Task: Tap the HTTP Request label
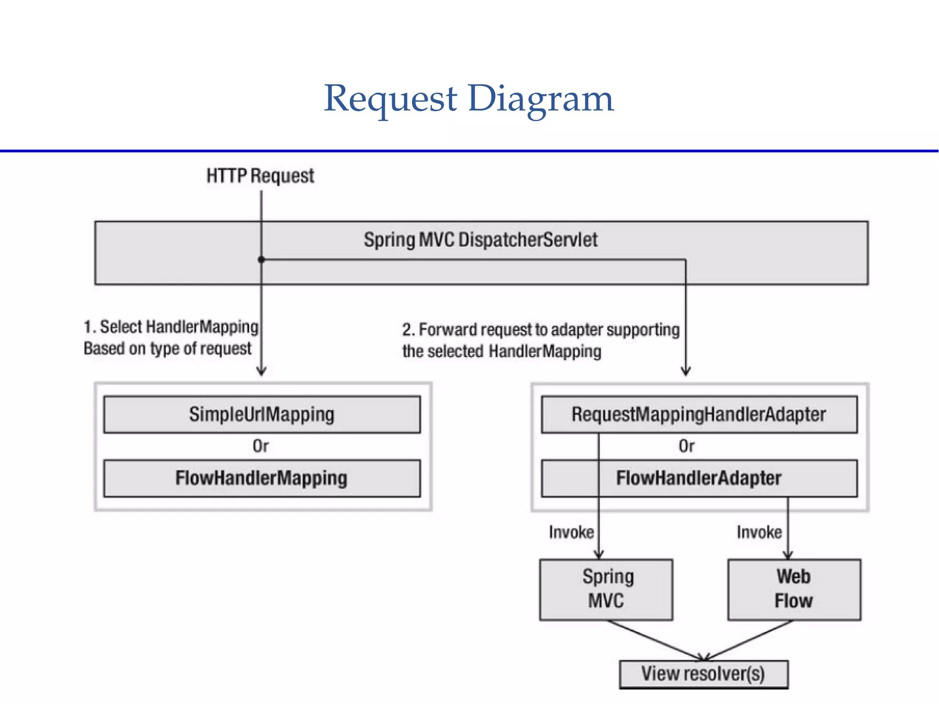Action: tap(260, 176)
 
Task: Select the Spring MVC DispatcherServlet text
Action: tap(481, 240)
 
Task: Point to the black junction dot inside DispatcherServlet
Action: tap(261, 260)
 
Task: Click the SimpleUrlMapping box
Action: tap(262, 414)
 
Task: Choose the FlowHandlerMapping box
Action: tap(262, 478)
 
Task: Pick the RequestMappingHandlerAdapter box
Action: tap(699, 414)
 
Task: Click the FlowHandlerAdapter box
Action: tap(699, 478)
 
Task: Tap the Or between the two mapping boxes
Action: tap(261, 446)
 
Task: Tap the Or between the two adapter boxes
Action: tap(686, 446)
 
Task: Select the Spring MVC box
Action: tap(606, 589)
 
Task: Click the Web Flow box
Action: tap(794, 589)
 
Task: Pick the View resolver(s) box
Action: tap(703, 674)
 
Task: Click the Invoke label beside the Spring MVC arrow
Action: tap(571, 532)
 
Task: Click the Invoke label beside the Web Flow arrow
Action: tap(759, 532)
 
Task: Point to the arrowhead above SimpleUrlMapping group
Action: tap(261, 371)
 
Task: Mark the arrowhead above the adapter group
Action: tap(686, 371)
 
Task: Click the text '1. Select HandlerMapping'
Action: tap(171, 327)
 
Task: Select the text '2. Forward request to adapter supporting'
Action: tap(541, 330)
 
